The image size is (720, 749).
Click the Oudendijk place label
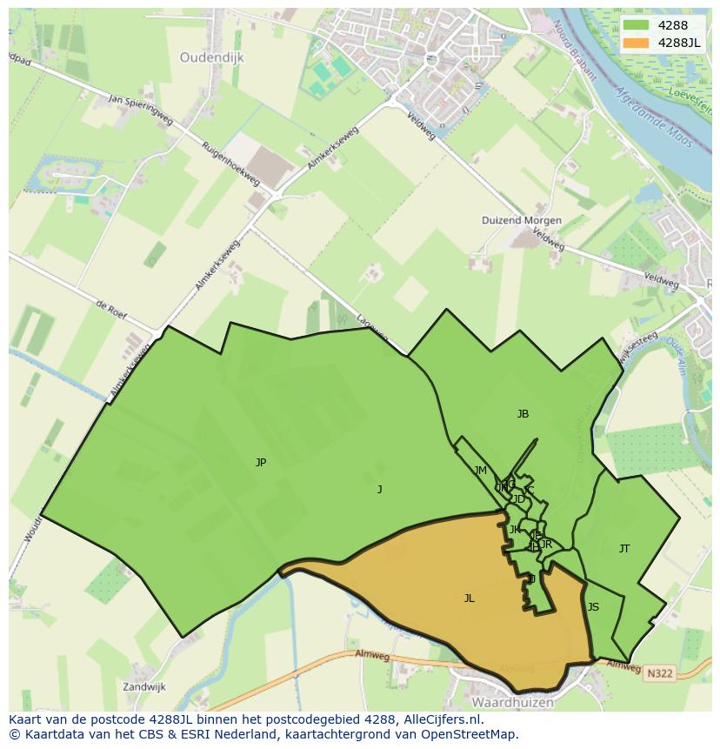click(212, 57)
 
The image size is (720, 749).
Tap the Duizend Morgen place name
click(522, 220)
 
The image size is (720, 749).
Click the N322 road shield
click(658, 672)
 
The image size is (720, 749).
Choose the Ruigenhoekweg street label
click(230, 163)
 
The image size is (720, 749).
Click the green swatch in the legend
click(636, 25)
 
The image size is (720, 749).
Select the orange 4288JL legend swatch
click(636, 43)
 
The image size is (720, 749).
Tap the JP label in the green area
click(261, 463)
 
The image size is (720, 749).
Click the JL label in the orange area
click(470, 598)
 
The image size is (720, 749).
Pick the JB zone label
click(523, 414)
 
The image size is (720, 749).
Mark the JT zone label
click(624, 548)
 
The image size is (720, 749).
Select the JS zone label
click(593, 607)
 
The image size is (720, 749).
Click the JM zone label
click(481, 471)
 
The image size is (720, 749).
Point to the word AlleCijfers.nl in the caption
click(442, 719)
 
